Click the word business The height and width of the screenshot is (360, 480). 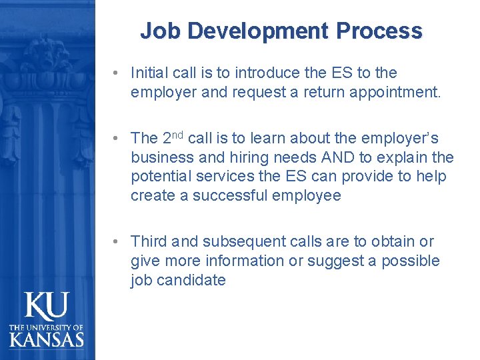[161, 157]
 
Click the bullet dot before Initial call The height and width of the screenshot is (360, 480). [116, 72]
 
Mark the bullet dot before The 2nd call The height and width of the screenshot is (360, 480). [116, 138]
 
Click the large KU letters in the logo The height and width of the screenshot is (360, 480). [47, 307]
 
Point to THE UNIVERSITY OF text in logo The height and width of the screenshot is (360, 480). [47, 327]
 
